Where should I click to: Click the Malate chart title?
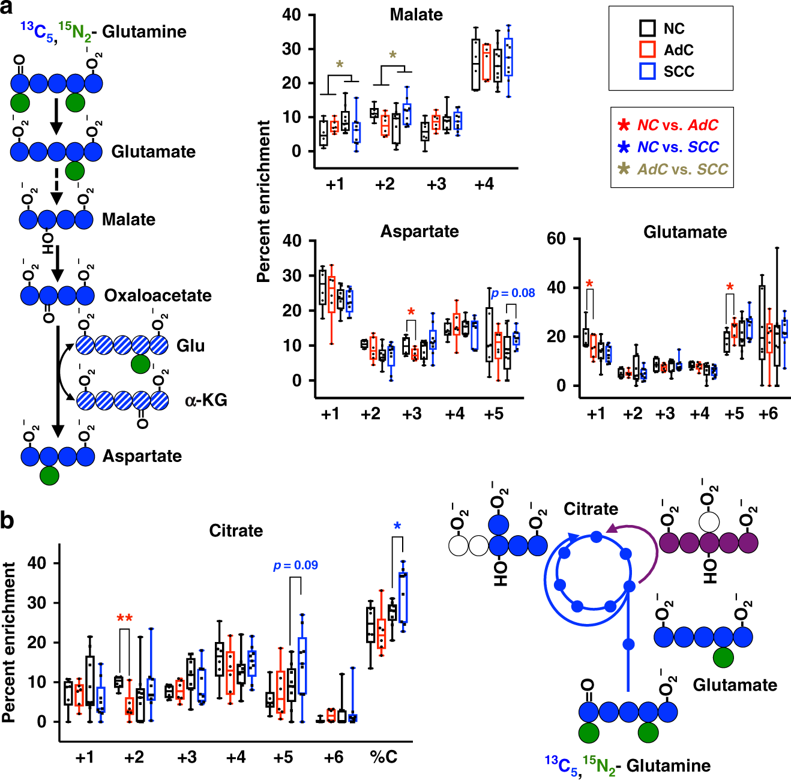click(x=416, y=14)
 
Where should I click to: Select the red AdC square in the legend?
click(x=647, y=50)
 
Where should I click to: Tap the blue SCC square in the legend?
click(x=647, y=71)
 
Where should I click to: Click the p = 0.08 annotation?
click(x=513, y=293)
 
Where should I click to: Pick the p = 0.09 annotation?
click(x=295, y=565)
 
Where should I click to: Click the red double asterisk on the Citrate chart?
click(x=125, y=618)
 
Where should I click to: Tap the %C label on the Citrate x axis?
click(x=383, y=757)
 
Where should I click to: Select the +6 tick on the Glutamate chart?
click(x=768, y=414)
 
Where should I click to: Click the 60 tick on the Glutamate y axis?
click(x=556, y=239)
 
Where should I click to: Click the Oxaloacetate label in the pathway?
click(x=158, y=295)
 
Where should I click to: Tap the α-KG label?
click(x=206, y=400)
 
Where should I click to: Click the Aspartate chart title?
click(x=420, y=232)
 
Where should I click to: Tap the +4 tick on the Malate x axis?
click(x=484, y=184)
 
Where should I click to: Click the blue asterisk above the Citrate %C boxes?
click(x=397, y=527)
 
